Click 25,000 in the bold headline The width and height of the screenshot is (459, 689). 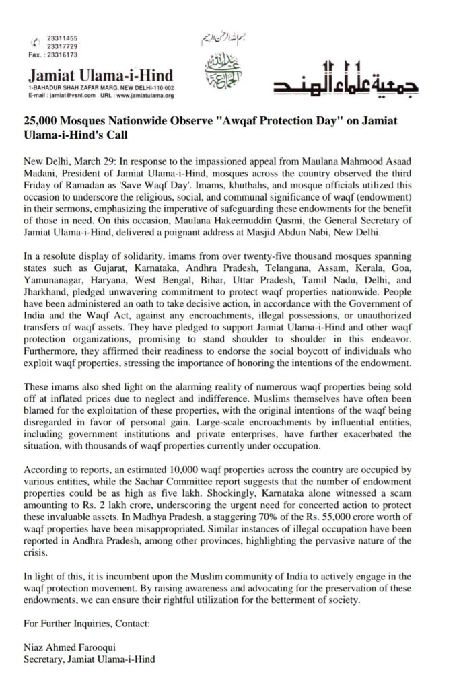click(44, 122)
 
